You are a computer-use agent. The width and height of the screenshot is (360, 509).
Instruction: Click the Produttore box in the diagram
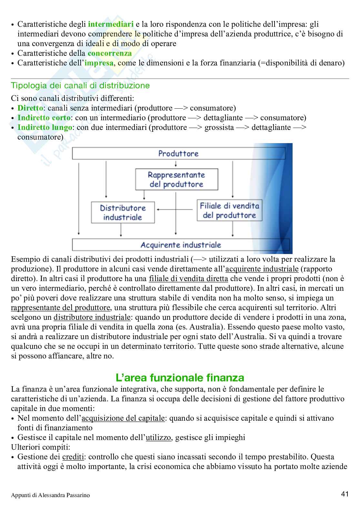pyautogui.click(x=178, y=153)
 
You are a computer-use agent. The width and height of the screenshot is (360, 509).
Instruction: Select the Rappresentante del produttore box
pyautogui.click(x=176, y=180)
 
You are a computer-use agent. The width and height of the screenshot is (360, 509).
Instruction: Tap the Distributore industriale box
pyautogui.click(x=123, y=212)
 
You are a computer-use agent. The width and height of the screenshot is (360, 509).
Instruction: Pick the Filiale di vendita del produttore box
pyautogui.click(x=229, y=210)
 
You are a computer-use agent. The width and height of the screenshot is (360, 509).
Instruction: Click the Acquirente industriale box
pyautogui.click(x=181, y=245)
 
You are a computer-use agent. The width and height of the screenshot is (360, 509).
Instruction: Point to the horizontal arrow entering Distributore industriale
pyautogui.click(x=174, y=210)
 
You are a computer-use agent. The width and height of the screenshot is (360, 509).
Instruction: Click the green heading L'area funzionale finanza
pyautogui.click(x=180, y=377)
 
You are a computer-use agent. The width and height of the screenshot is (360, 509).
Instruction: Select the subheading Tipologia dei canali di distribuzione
pyautogui.click(x=80, y=86)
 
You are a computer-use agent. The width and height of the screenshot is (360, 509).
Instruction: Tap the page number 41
pyautogui.click(x=345, y=494)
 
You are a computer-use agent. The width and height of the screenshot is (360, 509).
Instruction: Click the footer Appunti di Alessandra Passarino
pyautogui.click(x=50, y=495)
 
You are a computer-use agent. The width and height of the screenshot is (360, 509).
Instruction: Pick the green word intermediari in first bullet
pyautogui.click(x=111, y=24)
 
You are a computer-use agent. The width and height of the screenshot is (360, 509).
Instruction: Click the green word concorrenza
pyautogui.click(x=110, y=53)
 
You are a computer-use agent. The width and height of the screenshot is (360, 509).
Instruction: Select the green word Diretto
pyautogui.click(x=30, y=108)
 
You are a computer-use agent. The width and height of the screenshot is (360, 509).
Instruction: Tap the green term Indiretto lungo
pyautogui.click(x=45, y=127)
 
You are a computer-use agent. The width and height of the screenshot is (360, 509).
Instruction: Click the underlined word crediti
pyautogui.click(x=73, y=457)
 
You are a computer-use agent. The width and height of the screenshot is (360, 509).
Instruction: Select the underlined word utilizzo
pyautogui.click(x=158, y=437)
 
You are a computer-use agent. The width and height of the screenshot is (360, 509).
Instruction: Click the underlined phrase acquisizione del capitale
pyautogui.click(x=123, y=418)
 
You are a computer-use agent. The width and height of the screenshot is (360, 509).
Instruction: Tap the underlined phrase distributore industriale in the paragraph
pyautogui.click(x=92, y=317)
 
